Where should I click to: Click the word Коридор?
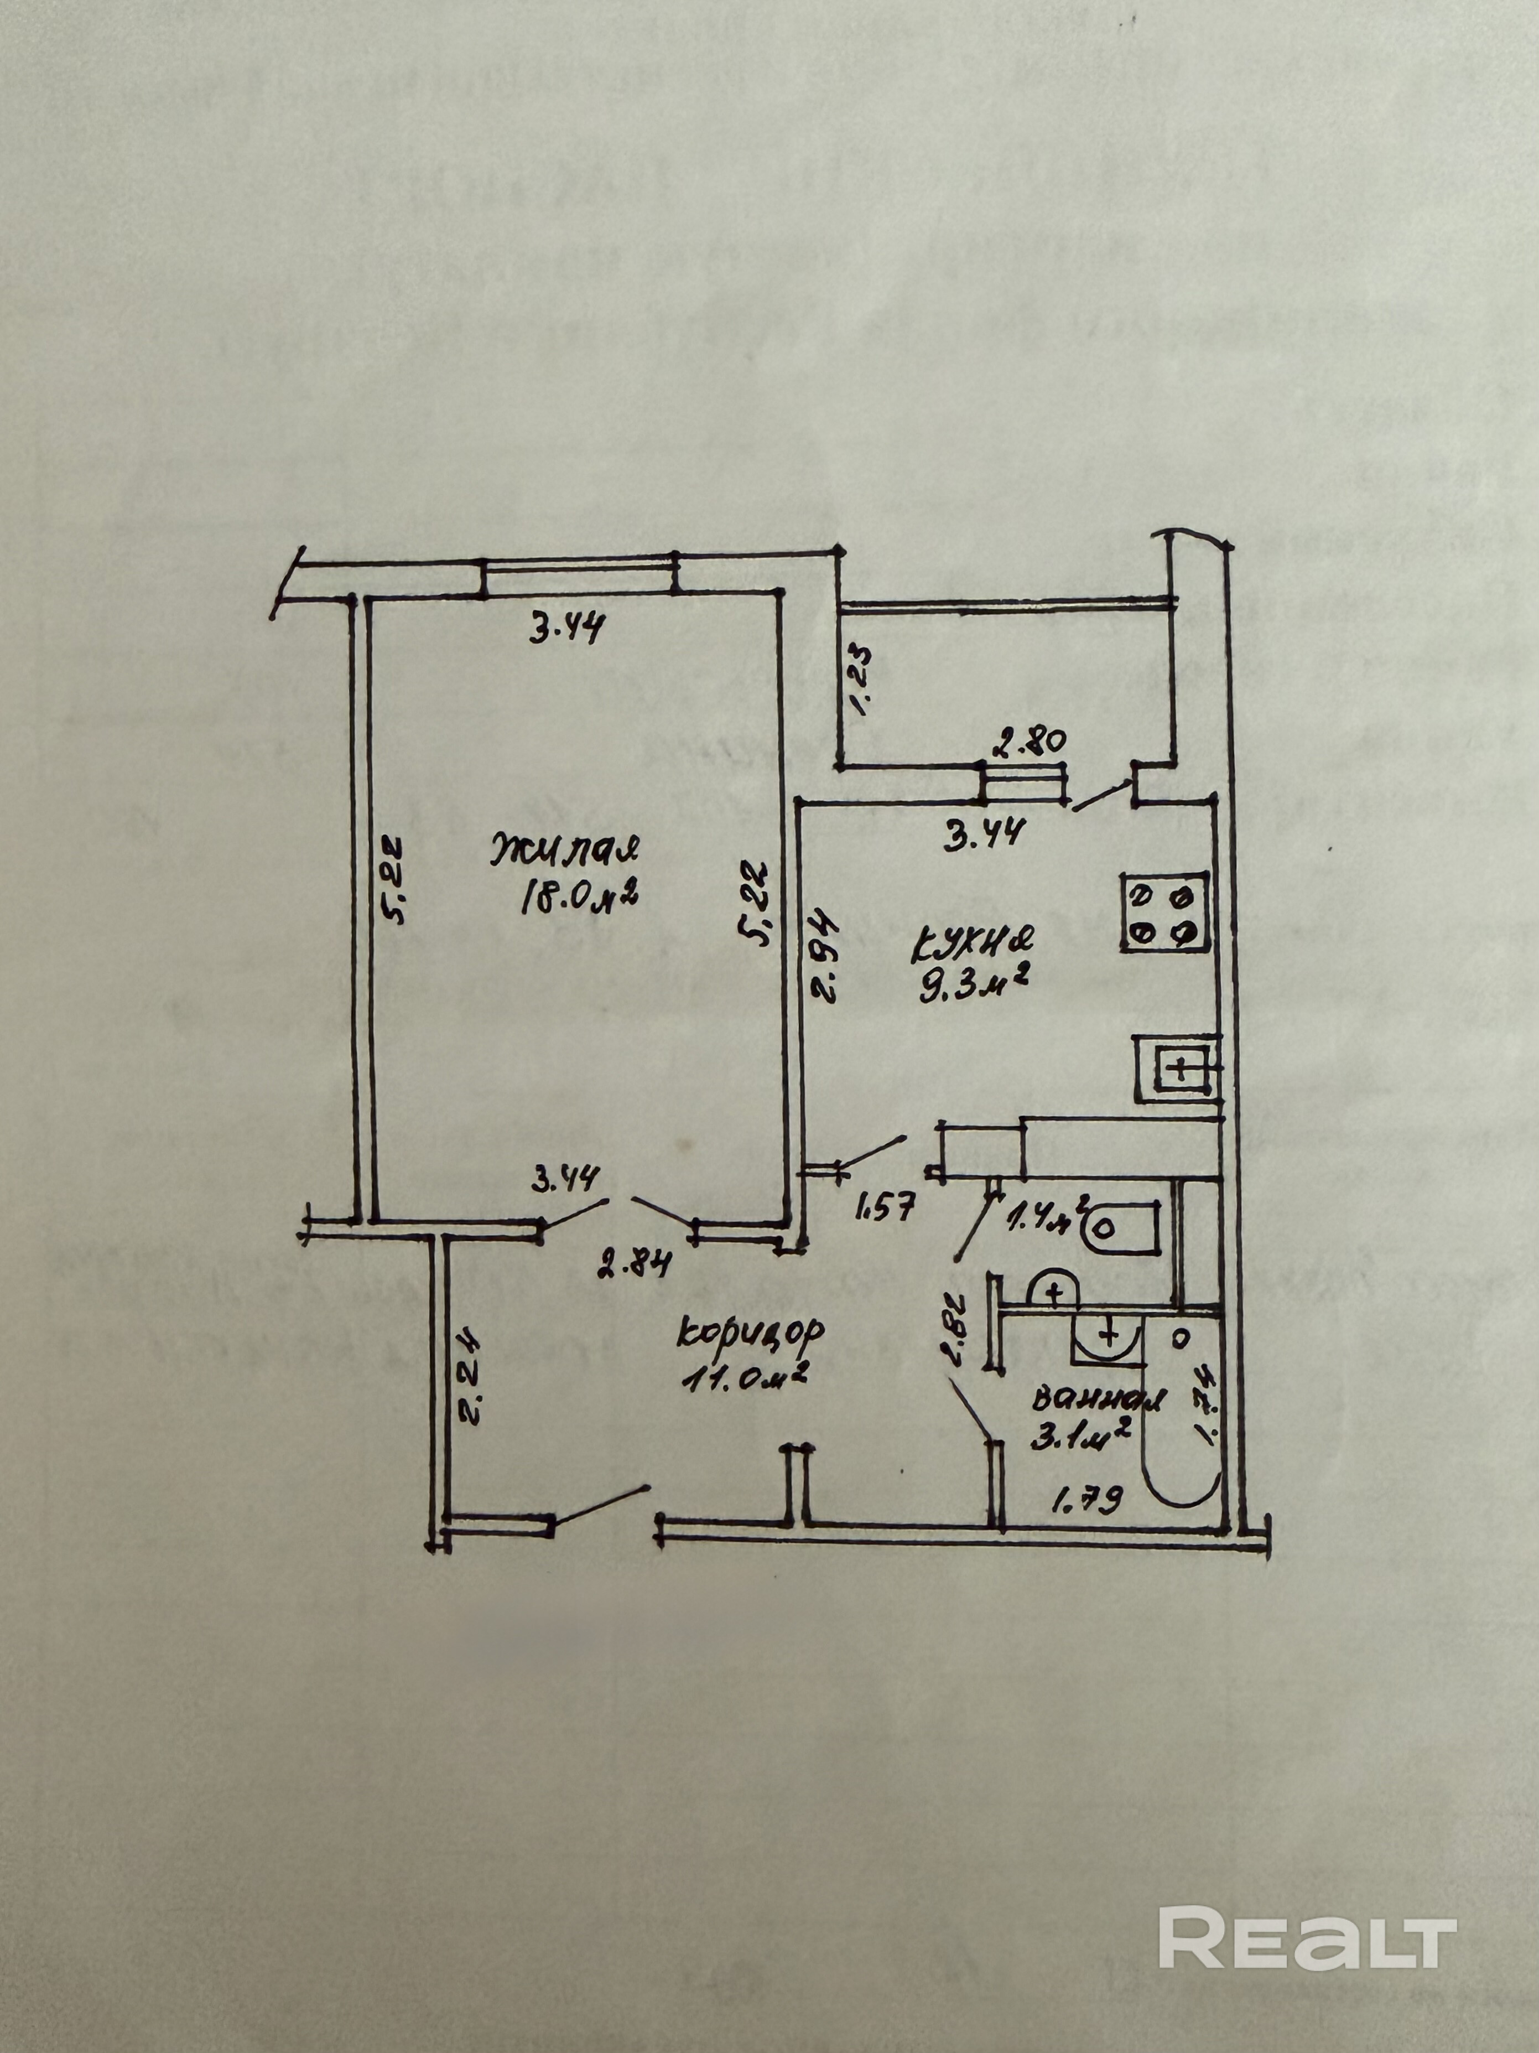tap(751, 1334)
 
